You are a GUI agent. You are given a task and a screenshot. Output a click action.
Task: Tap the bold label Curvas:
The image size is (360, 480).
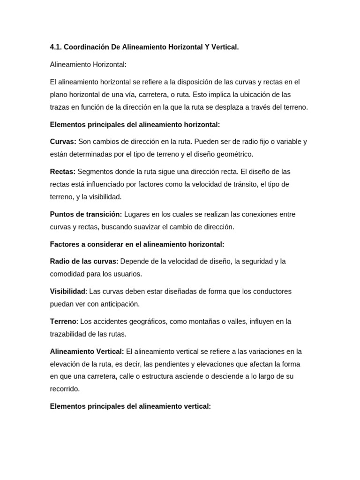[63, 142]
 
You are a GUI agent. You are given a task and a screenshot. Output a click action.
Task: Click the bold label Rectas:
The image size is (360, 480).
[62, 172]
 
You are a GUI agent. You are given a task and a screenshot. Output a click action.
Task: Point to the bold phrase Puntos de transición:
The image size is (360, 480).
[86, 214]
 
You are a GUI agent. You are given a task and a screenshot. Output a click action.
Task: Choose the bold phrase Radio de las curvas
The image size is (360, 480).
[83, 261]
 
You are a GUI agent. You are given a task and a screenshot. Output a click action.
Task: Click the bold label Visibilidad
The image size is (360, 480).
[67, 291]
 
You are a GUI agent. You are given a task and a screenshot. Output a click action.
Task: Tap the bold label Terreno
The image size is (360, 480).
[63, 321]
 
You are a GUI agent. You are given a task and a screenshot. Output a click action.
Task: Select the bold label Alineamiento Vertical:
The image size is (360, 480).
[87, 351]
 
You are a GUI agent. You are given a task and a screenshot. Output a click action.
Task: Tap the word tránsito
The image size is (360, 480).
[259, 184]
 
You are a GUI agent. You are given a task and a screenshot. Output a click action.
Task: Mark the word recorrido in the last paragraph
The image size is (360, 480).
[65, 389]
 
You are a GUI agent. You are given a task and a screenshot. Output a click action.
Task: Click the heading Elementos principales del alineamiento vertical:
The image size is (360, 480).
[130, 406]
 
